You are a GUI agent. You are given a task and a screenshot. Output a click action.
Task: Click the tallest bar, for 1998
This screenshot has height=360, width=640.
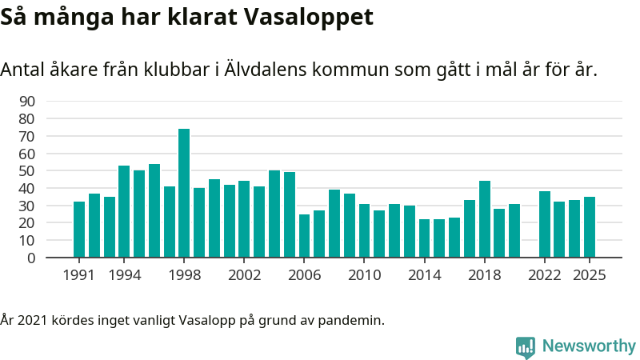[184, 194]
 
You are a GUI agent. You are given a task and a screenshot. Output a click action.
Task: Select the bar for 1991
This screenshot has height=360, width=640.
[79, 230]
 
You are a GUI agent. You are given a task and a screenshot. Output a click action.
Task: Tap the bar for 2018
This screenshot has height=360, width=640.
[484, 219]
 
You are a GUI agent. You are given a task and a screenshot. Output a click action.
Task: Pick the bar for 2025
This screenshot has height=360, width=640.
[590, 227]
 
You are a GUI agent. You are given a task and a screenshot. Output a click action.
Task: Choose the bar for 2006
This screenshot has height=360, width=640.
[304, 236]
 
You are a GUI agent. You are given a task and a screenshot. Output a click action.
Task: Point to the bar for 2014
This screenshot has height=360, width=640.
[424, 238]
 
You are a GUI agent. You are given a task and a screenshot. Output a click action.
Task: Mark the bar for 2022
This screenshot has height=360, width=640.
[545, 225]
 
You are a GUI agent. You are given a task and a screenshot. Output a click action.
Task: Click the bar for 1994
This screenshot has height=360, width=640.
[124, 212]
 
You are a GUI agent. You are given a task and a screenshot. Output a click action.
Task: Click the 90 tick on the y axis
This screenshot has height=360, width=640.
[26, 102]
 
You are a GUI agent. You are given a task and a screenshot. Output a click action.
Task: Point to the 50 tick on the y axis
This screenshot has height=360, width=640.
[26, 171]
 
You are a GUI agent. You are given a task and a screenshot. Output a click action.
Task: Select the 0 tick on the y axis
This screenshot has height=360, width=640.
[31, 258]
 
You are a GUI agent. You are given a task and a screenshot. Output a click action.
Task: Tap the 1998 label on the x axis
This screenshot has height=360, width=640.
[184, 274]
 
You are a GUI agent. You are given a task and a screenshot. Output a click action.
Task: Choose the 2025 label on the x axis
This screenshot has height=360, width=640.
[590, 274]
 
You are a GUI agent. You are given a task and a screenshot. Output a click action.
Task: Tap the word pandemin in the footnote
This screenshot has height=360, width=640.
[358, 321]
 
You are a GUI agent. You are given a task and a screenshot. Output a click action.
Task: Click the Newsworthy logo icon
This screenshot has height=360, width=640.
[526, 346]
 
